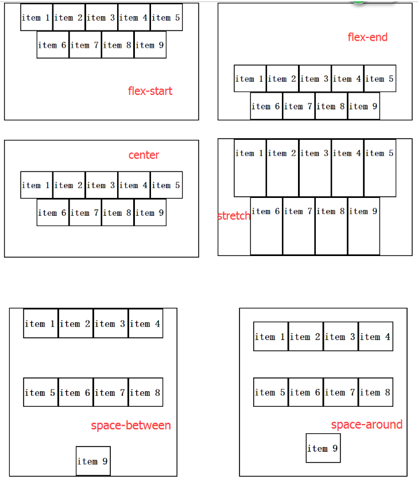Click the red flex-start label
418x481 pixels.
point(150,91)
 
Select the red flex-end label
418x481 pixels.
point(367,37)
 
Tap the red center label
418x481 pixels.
point(144,155)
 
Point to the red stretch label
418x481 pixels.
point(234,216)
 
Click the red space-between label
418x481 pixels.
point(131,426)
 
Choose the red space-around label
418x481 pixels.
point(366,425)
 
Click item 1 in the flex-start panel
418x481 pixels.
point(37,17)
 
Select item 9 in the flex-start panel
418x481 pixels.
point(150,45)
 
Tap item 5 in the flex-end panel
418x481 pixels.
point(380,79)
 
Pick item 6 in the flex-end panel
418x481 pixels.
point(266,106)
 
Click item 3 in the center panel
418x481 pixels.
point(102,185)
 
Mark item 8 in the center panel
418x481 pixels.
point(117,213)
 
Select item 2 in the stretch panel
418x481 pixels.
point(282,167)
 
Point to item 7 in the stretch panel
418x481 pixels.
point(298,226)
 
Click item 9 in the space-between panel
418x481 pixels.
point(93,461)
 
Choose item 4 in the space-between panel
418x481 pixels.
point(145,324)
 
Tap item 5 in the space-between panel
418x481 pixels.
point(41,392)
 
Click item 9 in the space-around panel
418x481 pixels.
point(323,448)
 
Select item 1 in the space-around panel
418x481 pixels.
point(270,337)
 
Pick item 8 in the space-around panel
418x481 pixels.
point(376,392)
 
